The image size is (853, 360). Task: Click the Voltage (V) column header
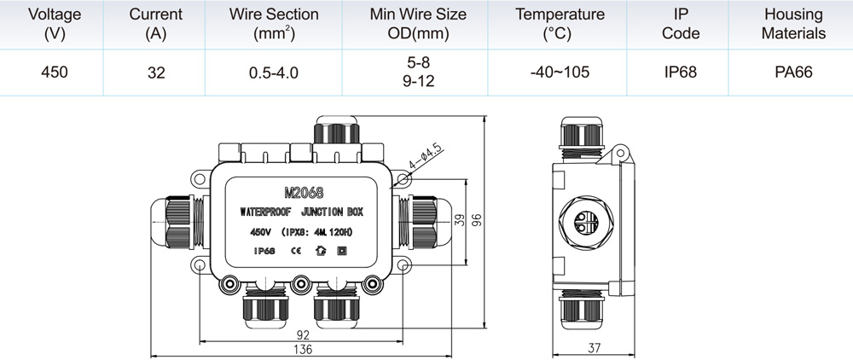click(x=54, y=24)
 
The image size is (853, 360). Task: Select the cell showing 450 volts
click(x=55, y=72)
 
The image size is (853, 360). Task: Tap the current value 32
click(x=156, y=73)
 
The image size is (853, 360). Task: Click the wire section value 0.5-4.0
click(x=274, y=73)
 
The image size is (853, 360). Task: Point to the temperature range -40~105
click(x=560, y=72)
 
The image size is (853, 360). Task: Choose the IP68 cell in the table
click(x=681, y=72)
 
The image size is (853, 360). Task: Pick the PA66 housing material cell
click(x=793, y=72)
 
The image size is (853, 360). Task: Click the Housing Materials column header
click(x=793, y=24)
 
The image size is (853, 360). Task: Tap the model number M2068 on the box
click(x=304, y=193)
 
